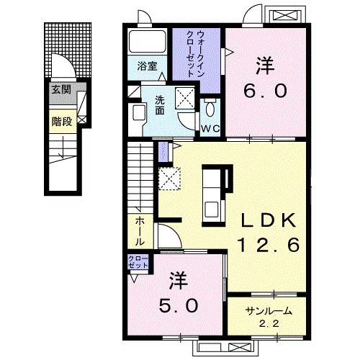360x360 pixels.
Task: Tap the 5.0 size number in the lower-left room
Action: click(179, 305)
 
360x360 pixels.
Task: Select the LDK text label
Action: click(266, 220)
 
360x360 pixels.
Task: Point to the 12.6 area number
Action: click(264, 246)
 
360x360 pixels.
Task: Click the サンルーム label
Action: click(269, 312)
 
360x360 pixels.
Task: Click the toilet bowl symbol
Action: click(210, 109)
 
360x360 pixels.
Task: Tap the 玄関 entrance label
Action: click(60, 90)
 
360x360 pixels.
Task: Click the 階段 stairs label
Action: click(60, 122)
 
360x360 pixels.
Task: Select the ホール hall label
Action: click(138, 230)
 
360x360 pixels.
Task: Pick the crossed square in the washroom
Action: click(186, 96)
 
